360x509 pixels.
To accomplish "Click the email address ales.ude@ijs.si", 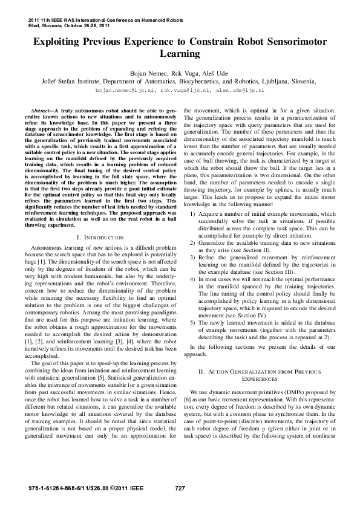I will (240, 89).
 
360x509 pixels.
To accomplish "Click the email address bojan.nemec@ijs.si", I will (128, 89).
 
